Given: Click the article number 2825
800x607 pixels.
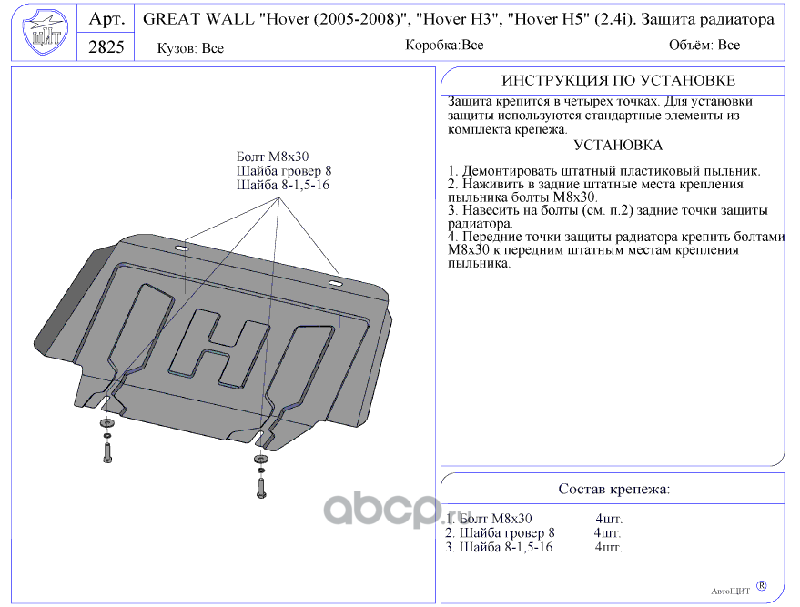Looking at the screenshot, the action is click(x=106, y=47).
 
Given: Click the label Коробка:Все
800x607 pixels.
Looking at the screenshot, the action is click(x=444, y=45).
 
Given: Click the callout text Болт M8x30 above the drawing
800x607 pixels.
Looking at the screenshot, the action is click(x=272, y=157).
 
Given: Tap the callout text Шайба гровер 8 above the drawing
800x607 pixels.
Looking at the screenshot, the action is click(x=283, y=170).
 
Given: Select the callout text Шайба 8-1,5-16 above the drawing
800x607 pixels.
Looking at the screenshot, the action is click(x=282, y=185).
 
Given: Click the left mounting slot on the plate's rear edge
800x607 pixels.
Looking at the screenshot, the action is click(x=181, y=248).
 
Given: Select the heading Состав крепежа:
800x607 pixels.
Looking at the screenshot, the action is click(x=613, y=489).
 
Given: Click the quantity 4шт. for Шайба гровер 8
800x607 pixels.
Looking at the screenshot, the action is click(x=607, y=532).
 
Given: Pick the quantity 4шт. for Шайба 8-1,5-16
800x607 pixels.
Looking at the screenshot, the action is click(x=608, y=547).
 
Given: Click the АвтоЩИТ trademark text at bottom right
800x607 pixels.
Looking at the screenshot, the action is click(x=730, y=590).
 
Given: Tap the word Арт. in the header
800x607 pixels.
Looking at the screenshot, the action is click(x=106, y=19).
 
